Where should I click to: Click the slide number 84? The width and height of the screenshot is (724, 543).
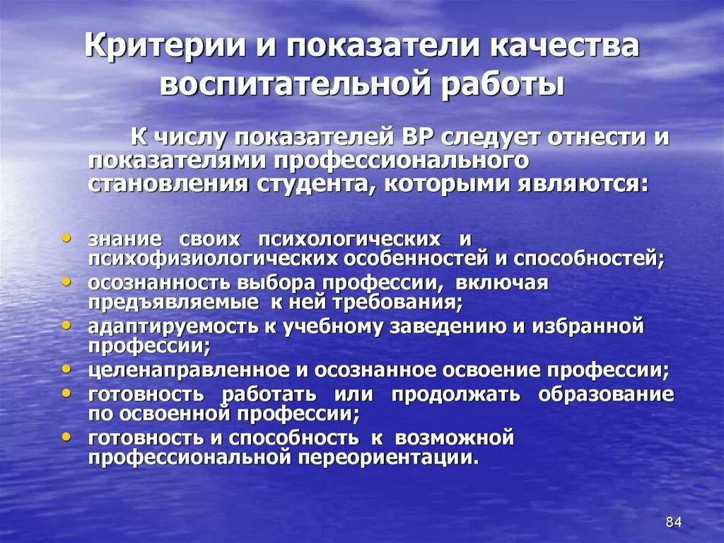tap(673, 522)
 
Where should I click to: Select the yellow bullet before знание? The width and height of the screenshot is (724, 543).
tap(66, 238)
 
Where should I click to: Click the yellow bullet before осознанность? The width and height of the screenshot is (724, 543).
tap(66, 281)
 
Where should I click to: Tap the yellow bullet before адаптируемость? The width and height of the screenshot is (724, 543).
tap(66, 325)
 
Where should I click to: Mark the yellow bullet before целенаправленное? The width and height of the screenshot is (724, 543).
tap(66, 369)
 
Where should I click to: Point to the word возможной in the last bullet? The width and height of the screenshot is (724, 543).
tap(454, 438)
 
